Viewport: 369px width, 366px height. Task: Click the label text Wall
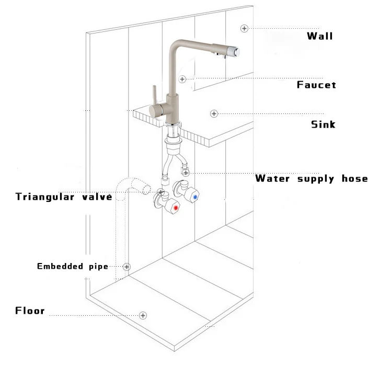320,36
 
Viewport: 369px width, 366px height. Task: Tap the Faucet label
316,85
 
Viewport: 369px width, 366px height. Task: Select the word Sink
323,124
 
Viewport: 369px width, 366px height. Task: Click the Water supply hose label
311,179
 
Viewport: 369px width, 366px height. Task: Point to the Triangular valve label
64,197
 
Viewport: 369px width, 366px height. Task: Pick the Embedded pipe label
72,267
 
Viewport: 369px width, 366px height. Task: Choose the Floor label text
30,311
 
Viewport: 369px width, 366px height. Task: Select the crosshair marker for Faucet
182,79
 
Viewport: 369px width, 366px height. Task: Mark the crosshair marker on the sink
213,113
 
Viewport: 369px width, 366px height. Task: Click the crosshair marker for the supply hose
186,172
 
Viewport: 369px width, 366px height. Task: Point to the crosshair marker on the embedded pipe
127,267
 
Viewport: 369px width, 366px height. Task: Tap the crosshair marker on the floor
142,315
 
